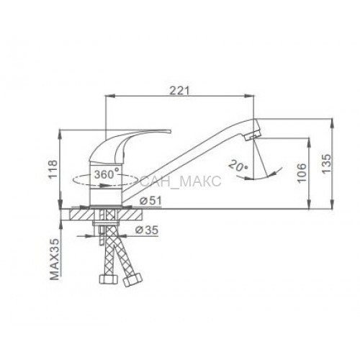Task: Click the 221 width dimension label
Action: [x=179, y=91]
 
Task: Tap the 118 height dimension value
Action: [x=53, y=169]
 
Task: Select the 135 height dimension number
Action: [x=326, y=163]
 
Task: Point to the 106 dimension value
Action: [x=302, y=173]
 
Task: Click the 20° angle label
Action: [x=238, y=166]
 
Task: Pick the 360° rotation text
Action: [x=107, y=174]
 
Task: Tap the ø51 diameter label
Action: [x=150, y=201]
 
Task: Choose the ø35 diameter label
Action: [x=147, y=230]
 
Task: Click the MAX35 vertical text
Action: [x=55, y=259]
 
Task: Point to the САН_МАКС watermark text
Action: [x=181, y=181]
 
